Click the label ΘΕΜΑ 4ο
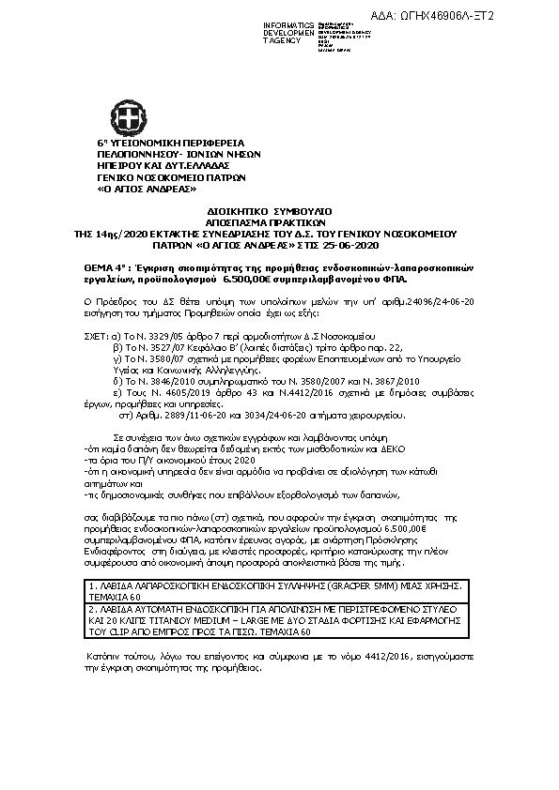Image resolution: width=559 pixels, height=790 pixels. (x=109, y=267)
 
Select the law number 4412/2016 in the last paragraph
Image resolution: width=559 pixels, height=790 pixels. (x=358, y=647)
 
